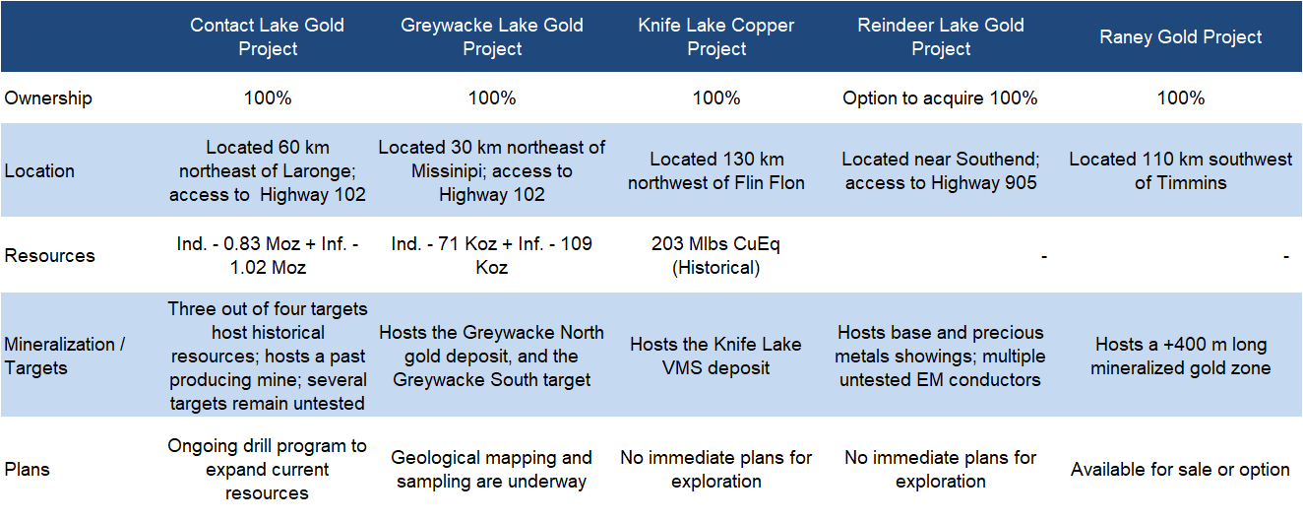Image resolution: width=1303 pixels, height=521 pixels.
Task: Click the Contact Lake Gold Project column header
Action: [x=268, y=36]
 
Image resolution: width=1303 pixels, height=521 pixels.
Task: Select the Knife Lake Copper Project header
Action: [x=716, y=36]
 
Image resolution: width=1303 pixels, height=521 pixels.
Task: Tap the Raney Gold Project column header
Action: [x=1180, y=36]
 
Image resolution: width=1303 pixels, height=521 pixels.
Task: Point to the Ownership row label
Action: [x=48, y=98]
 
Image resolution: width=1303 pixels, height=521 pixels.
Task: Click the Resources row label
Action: [x=49, y=255]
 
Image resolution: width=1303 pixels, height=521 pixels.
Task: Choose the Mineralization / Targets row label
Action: [x=65, y=356]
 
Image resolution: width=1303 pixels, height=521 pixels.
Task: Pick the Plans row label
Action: [x=27, y=469]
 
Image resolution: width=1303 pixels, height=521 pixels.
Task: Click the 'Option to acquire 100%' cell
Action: [x=940, y=98]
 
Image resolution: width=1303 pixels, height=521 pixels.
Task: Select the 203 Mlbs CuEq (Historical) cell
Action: [x=716, y=255]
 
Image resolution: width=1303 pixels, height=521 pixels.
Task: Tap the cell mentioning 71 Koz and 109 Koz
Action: [x=491, y=255]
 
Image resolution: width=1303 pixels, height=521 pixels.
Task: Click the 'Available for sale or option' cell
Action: [x=1180, y=469]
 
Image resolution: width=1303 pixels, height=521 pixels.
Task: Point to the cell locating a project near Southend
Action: [x=941, y=170]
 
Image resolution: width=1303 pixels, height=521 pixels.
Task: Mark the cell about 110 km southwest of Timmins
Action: [x=1180, y=170]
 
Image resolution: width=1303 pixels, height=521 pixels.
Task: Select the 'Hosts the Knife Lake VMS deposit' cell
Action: [x=716, y=356]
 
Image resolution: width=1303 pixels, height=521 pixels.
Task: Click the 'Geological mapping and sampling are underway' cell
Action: [x=491, y=469]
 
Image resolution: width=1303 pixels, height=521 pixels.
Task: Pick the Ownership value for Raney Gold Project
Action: [x=1180, y=98]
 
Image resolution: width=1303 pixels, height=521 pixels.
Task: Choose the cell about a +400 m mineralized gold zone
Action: [x=1180, y=356]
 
